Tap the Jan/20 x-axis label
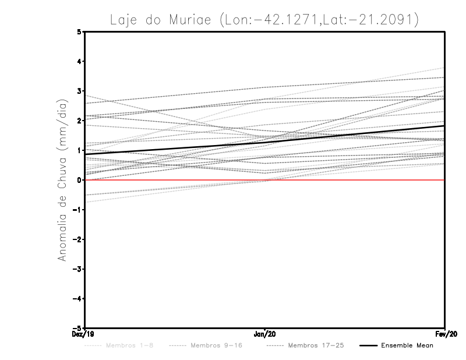(x=265, y=334)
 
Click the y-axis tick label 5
(x=80, y=32)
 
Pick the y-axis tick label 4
(x=80, y=62)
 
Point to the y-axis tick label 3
(x=80, y=91)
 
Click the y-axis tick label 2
(x=80, y=121)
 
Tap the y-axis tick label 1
(x=80, y=150)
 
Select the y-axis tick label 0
(x=80, y=180)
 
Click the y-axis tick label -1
(x=78, y=210)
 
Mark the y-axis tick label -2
(x=78, y=239)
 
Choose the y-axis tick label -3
(x=78, y=269)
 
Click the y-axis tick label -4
(x=78, y=298)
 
